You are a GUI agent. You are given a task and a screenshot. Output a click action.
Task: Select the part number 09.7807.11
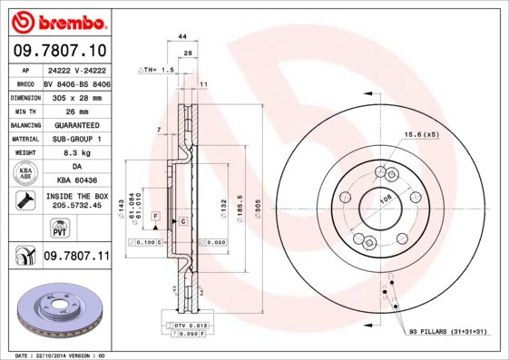(75, 257)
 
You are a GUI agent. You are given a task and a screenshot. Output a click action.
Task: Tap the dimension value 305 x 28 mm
(75, 95)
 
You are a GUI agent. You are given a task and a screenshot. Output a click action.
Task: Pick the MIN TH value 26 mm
(75, 110)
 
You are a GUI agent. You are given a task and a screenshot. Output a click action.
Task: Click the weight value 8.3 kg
(75, 153)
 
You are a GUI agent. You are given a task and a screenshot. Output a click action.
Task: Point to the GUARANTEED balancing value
(75, 124)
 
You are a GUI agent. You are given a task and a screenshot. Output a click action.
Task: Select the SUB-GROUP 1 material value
(75, 139)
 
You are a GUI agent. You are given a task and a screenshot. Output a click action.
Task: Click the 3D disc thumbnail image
(57, 312)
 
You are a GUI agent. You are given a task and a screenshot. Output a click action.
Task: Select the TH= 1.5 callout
(155, 70)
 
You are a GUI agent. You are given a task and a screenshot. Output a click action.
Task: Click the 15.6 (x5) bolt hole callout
(422, 135)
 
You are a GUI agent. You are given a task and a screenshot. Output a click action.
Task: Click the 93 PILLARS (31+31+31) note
(447, 333)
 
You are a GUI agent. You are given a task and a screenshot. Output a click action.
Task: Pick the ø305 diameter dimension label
(258, 208)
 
